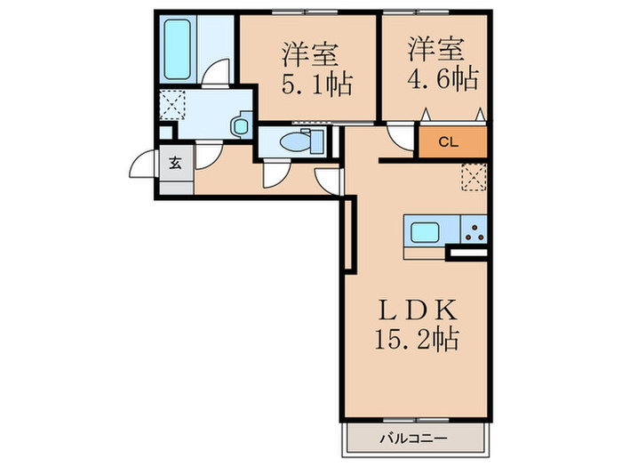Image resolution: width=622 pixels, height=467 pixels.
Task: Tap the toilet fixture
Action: tap(306, 141)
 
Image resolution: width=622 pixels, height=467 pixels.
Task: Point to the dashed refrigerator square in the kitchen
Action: tap(474, 179)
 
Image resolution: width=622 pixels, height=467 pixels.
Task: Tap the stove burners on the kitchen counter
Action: tap(474, 234)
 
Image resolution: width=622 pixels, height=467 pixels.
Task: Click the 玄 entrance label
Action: tap(175, 163)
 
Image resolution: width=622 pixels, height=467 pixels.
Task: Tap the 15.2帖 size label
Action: tap(416, 339)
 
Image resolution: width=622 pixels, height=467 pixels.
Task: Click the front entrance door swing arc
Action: tap(141, 165)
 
